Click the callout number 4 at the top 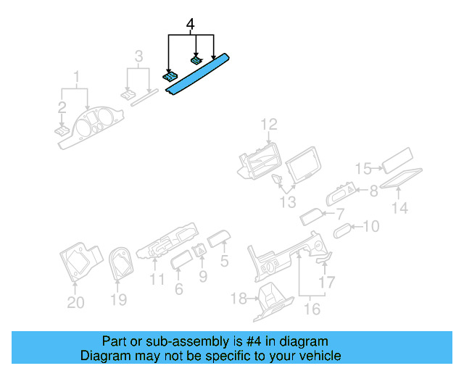tap(191, 25)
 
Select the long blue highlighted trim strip tap(199, 74)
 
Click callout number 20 tap(75, 302)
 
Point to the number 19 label tap(118, 299)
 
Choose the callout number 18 tap(239, 299)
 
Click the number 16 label tap(312, 309)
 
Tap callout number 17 tap(328, 282)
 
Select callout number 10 tap(370, 228)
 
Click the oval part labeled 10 tap(342, 230)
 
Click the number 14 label tap(399, 208)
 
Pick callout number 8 tap(374, 191)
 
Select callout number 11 tap(157, 280)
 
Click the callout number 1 tap(75, 76)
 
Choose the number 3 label tap(139, 56)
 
